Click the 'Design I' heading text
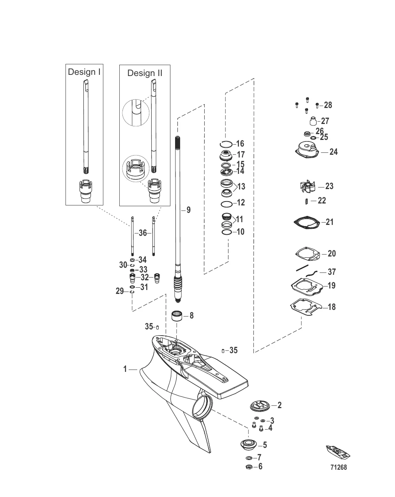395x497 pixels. point(84,72)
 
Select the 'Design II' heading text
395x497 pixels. point(145,73)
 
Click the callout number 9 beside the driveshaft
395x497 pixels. point(189,210)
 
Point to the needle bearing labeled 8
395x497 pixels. point(177,315)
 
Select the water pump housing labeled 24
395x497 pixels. point(306,151)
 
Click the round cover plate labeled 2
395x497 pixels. point(260,406)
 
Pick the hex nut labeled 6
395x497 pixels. point(248,467)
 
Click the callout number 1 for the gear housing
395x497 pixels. point(125,369)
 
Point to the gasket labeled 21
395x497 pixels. point(306,222)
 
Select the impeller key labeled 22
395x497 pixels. point(306,201)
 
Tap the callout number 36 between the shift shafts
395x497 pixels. point(143,233)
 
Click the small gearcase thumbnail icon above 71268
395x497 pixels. point(338,452)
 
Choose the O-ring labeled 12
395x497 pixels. point(226,203)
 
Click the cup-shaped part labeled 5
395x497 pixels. point(248,445)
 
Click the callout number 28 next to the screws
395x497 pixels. point(328,105)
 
